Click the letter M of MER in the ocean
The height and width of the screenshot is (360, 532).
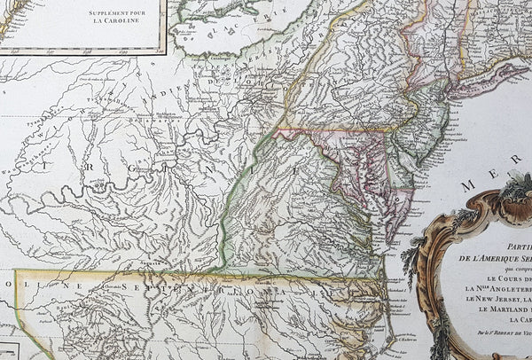[x=470, y=187]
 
